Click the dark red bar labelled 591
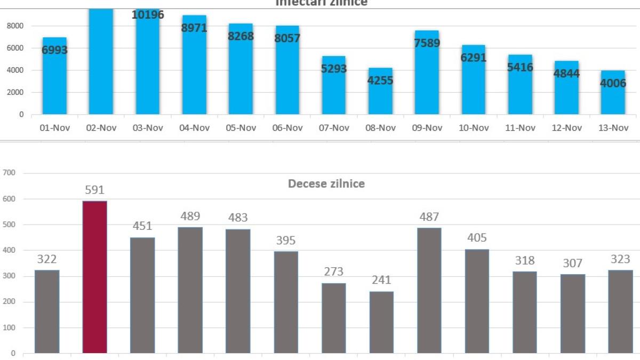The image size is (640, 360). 95,277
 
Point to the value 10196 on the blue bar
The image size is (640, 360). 148,14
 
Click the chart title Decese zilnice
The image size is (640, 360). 326,183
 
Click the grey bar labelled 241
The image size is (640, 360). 381,322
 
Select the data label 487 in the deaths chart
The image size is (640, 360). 429,217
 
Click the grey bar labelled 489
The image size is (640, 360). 190,290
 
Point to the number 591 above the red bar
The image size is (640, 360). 95,190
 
